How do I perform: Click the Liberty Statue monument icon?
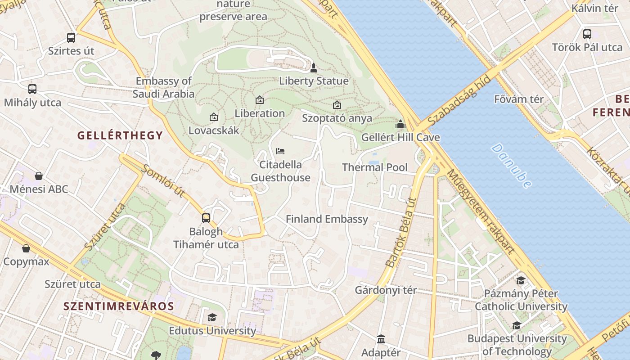pos(314,68)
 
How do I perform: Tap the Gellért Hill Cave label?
pos(400,137)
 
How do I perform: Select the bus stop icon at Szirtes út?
pos(71,38)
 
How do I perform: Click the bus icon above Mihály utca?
pos(32,89)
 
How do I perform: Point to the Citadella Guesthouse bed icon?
pos(280,151)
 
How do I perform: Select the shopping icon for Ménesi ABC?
pos(39,176)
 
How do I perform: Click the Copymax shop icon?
pos(26,248)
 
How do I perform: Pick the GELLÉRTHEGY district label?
pos(120,135)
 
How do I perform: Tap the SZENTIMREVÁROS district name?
pos(118,306)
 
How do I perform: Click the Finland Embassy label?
pos(327,219)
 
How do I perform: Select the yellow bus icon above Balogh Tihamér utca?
pos(206,218)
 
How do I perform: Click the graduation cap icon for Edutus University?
pos(212,317)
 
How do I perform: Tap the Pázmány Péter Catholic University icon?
pos(521,281)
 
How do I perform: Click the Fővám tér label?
pos(519,99)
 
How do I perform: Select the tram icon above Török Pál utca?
pos(587,34)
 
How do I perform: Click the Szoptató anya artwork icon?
pos(337,105)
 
